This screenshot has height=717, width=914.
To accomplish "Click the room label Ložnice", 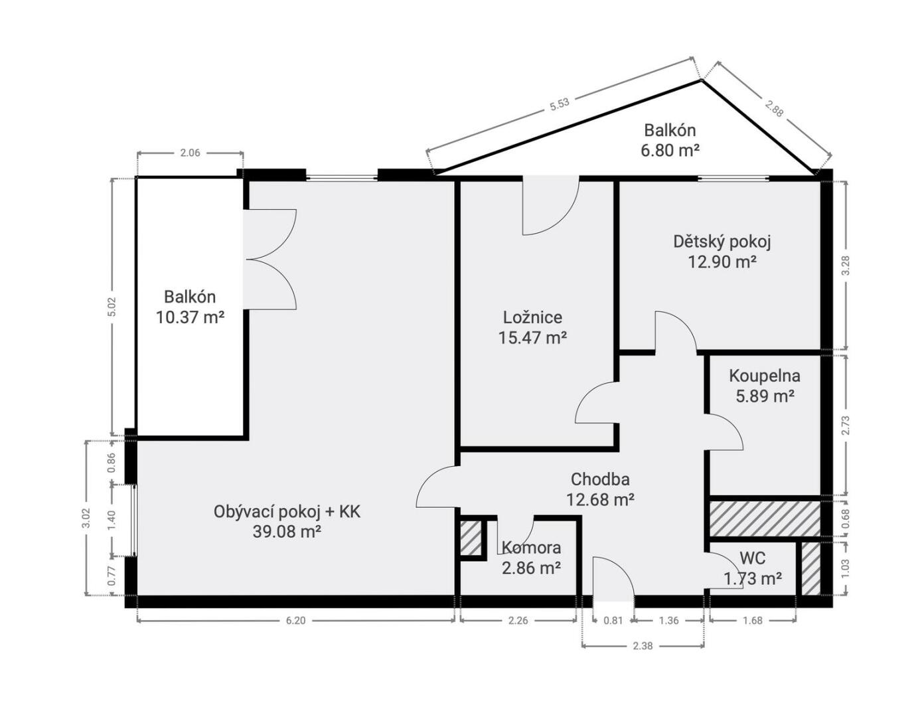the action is (x=532, y=317).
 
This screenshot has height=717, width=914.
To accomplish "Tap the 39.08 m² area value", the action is (x=287, y=532).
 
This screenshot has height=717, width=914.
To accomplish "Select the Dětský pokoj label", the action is (x=722, y=242).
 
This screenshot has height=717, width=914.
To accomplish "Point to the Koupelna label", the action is (x=764, y=376).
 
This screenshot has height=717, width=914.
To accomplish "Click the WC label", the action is (x=753, y=558).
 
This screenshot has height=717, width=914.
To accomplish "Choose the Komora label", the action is (x=532, y=548).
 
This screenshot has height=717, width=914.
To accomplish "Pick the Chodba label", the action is (x=600, y=479).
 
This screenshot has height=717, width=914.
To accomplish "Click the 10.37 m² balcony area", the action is (x=190, y=317).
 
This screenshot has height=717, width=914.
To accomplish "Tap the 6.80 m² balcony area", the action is (x=670, y=150).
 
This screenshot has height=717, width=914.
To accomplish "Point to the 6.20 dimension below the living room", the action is (x=295, y=621).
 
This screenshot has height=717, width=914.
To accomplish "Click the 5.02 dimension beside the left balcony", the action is (x=112, y=307).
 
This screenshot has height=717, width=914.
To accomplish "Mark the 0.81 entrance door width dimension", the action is (x=613, y=621).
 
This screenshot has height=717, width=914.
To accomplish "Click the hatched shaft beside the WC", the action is (x=810, y=568).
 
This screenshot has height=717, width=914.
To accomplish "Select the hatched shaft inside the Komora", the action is (x=471, y=538).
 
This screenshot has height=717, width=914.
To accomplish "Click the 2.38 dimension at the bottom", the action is (x=643, y=646).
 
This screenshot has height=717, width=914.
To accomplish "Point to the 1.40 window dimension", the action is (x=112, y=520).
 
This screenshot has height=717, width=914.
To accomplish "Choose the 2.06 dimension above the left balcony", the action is (x=190, y=153).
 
